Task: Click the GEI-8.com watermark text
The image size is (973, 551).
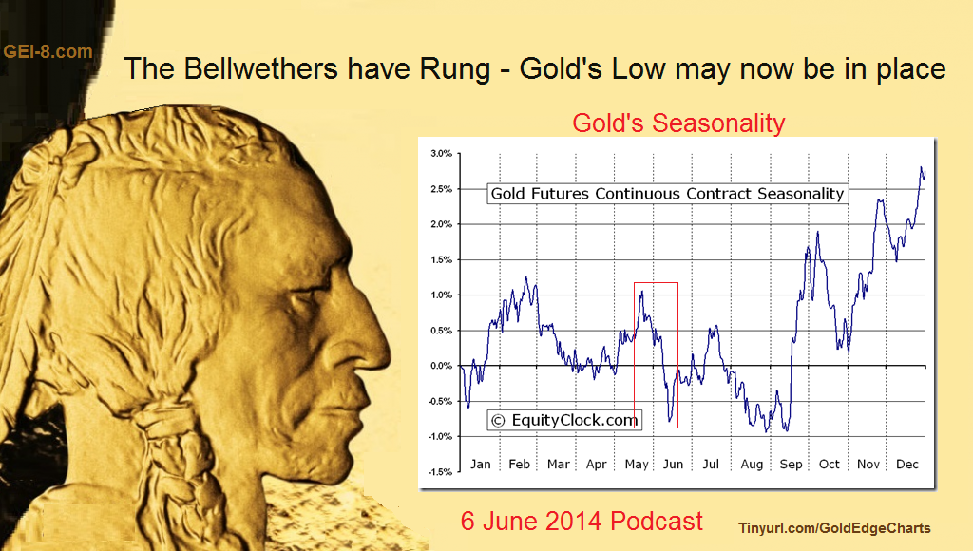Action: coord(48,51)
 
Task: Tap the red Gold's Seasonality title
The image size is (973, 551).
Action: coord(678,123)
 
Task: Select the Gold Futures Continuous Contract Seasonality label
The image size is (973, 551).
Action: coord(667,194)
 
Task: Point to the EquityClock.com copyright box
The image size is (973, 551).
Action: coord(564,420)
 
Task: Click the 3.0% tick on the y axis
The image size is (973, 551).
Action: coord(441,153)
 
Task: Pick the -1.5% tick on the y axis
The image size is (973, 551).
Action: coord(440,472)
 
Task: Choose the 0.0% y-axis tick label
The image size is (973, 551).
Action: coord(441,366)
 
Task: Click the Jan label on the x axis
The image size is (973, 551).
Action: coord(480,465)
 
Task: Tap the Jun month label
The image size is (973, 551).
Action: coord(673,465)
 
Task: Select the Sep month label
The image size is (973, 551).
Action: coord(791,465)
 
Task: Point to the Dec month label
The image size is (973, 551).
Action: coord(907,465)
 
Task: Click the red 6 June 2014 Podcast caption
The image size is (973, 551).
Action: coord(582,522)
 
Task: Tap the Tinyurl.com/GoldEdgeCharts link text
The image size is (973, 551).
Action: coord(834,528)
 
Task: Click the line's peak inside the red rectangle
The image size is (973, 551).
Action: coord(641,291)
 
